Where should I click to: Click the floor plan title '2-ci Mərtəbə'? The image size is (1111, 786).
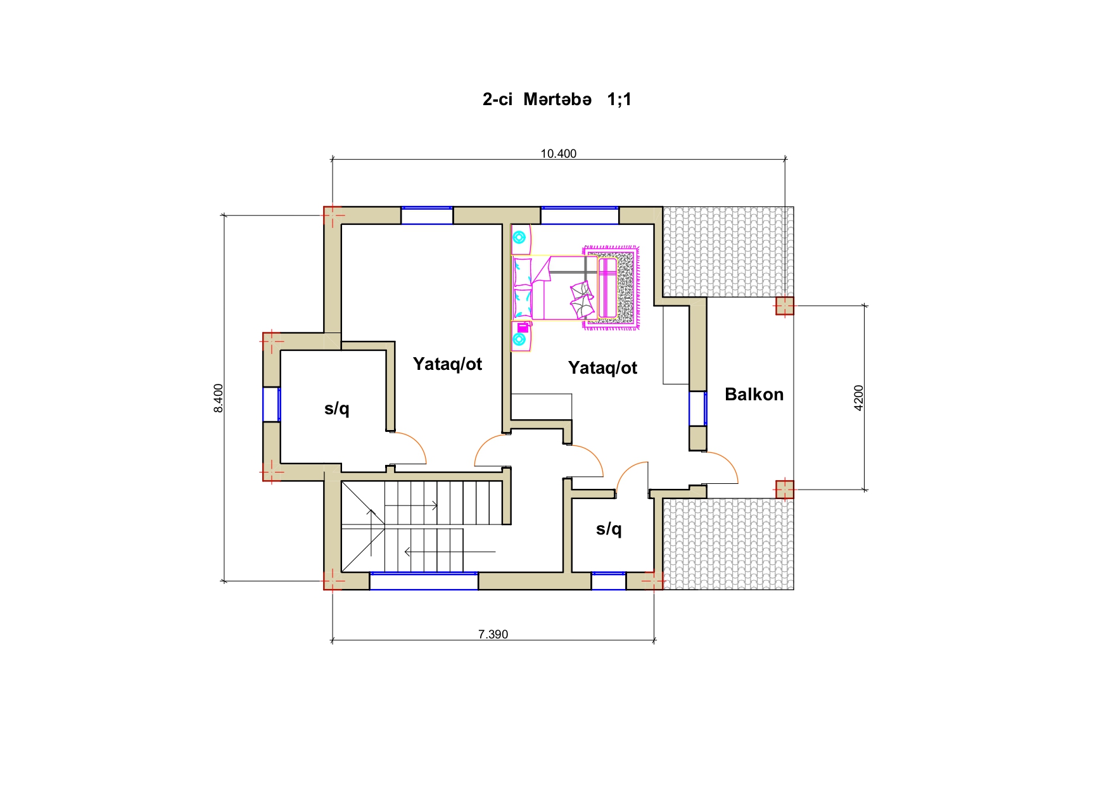coord(537,99)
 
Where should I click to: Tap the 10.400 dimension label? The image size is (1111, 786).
coord(559,153)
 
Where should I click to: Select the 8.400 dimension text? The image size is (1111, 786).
coord(219,398)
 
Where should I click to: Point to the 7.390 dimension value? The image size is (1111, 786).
coord(493,634)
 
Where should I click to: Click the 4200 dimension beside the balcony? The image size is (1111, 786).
coord(859,398)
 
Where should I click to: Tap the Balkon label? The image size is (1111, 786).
coord(754,395)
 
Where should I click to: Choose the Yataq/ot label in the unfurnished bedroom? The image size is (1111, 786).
coord(447,364)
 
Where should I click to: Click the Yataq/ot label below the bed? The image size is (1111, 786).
coord(602,368)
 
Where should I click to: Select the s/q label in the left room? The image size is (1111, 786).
coord(337,409)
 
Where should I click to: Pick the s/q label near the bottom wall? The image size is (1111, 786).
coord(609,528)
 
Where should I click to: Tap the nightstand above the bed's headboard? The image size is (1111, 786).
coord(521,239)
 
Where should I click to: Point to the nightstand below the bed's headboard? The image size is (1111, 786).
coord(521,336)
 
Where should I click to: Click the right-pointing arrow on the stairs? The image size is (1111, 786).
coord(411,505)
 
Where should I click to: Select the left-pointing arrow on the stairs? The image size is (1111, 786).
coord(450,552)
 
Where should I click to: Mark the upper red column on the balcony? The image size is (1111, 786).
coord(785,306)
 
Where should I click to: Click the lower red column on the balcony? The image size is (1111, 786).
coord(785,490)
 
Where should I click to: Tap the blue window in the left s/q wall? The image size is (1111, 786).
coord(272,404)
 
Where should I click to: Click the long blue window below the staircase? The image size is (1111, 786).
coord(424,581)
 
